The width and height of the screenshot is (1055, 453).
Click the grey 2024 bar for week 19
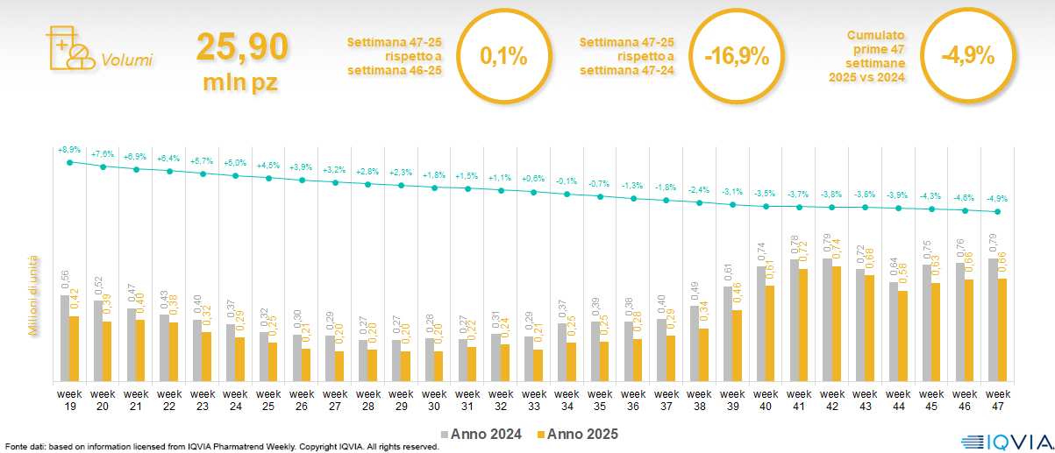(x=65, y=338)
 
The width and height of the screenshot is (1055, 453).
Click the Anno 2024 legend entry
(x=483, y=434)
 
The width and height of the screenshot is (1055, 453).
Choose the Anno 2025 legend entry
(x=578, y=434)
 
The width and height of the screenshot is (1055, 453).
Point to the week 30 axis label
(x=434, y=400)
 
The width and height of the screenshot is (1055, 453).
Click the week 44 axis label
(x=898, y=400)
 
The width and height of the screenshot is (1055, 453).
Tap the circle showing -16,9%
(x=737, y=57)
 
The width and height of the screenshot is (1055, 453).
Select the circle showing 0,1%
(x=504, y=57)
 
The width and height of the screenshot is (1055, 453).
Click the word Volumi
(x=126, y=60)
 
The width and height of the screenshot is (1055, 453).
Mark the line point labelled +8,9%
(x=70, y=162)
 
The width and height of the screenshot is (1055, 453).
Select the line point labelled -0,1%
(x=567, y=194)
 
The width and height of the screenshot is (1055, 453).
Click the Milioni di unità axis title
(x=33, y=294)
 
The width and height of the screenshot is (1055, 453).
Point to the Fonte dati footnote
(x=219, y=447)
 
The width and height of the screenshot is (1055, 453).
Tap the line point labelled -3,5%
(x=766, y=207)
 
